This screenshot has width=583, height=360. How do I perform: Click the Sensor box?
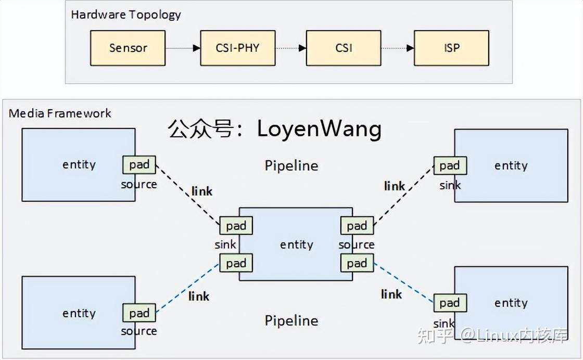[128, 48]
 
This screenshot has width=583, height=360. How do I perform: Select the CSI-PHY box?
[237, 48]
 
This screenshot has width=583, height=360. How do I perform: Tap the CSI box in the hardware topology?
[344, 48]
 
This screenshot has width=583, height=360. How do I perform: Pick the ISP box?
[451, 48]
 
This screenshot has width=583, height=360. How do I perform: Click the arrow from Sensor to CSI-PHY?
[183, 48]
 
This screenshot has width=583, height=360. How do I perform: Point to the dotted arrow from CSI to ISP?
[397, 48]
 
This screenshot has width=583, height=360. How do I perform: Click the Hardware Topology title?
[126, 14]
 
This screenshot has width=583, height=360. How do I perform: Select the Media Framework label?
[60, 113]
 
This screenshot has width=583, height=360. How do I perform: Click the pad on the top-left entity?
[139, 164]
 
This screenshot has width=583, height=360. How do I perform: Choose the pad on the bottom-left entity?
[139, 313]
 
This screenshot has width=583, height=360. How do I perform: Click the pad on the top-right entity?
[449, 165]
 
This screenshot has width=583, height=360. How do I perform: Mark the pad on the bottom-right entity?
[449, 303]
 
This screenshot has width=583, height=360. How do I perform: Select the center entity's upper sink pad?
[236, 226]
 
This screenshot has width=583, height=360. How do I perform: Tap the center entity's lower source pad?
[357, 263]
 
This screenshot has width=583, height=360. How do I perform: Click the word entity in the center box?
[296, 245]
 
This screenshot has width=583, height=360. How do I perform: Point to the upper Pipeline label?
[291, 165]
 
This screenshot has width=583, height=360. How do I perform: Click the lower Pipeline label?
[291, 320]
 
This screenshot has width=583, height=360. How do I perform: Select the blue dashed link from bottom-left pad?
[187, 288]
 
